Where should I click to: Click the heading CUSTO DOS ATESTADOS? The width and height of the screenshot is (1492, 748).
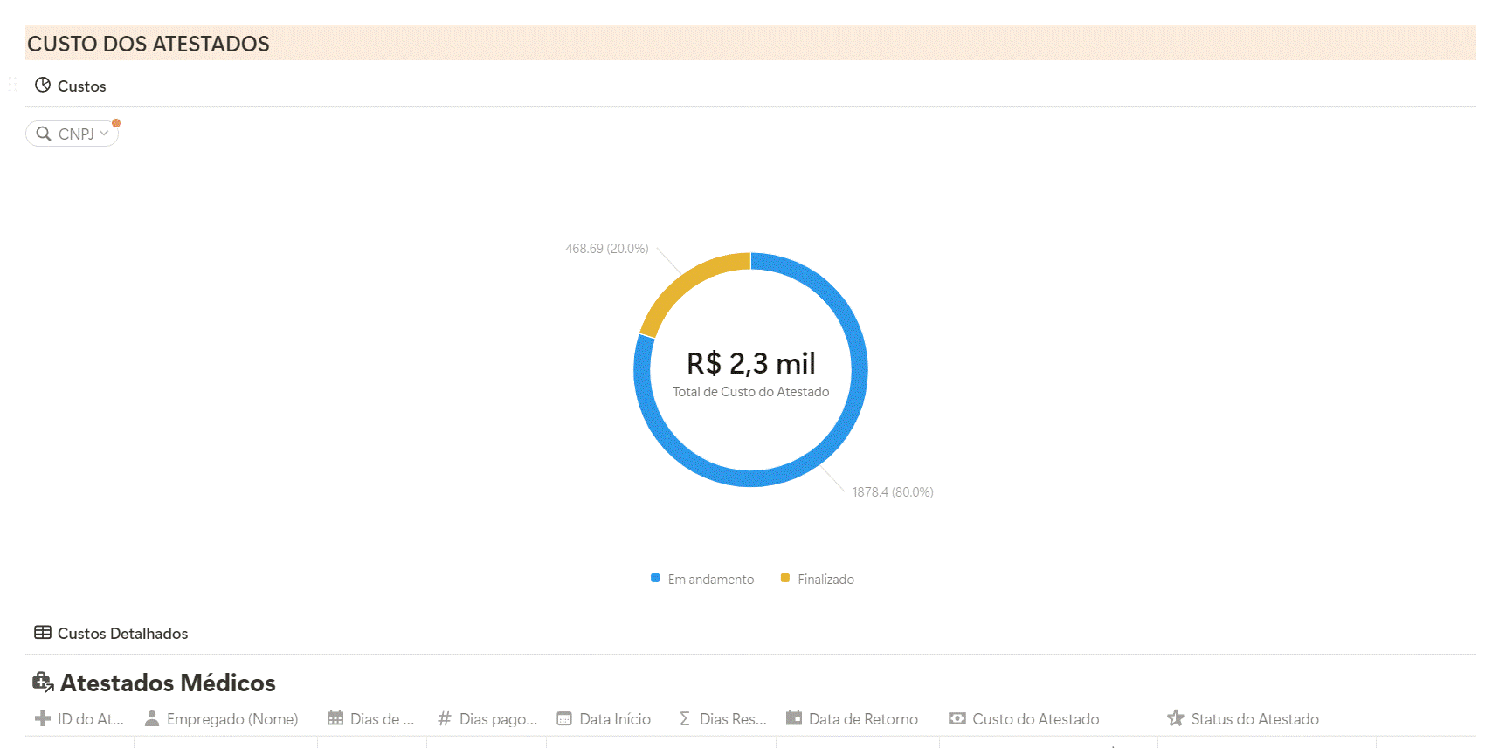point(149,44)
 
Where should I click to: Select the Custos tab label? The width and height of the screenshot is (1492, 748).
point(81,86)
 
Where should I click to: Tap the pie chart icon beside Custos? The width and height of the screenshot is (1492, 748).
point(42,86)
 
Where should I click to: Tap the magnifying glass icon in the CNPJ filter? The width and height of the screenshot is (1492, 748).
point(43,134)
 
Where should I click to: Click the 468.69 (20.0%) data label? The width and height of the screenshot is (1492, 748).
point(606,249)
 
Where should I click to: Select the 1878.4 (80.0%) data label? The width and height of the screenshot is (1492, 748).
point(892,492)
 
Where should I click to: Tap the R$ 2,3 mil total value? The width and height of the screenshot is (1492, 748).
point(750,363)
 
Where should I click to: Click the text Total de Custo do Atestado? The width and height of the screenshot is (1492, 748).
point(750,392)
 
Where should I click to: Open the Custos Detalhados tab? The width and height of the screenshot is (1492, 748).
point(122,634)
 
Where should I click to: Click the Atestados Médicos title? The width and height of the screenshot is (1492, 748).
point(167,683)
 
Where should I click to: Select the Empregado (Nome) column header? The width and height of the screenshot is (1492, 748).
point(231,719)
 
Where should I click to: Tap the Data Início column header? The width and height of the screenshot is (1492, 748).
point(614,719)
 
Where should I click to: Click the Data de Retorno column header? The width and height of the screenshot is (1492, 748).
point(862,719)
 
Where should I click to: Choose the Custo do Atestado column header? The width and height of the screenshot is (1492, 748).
point(1035,719)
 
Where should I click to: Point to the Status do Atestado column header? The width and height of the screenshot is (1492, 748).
point(1254,719)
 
